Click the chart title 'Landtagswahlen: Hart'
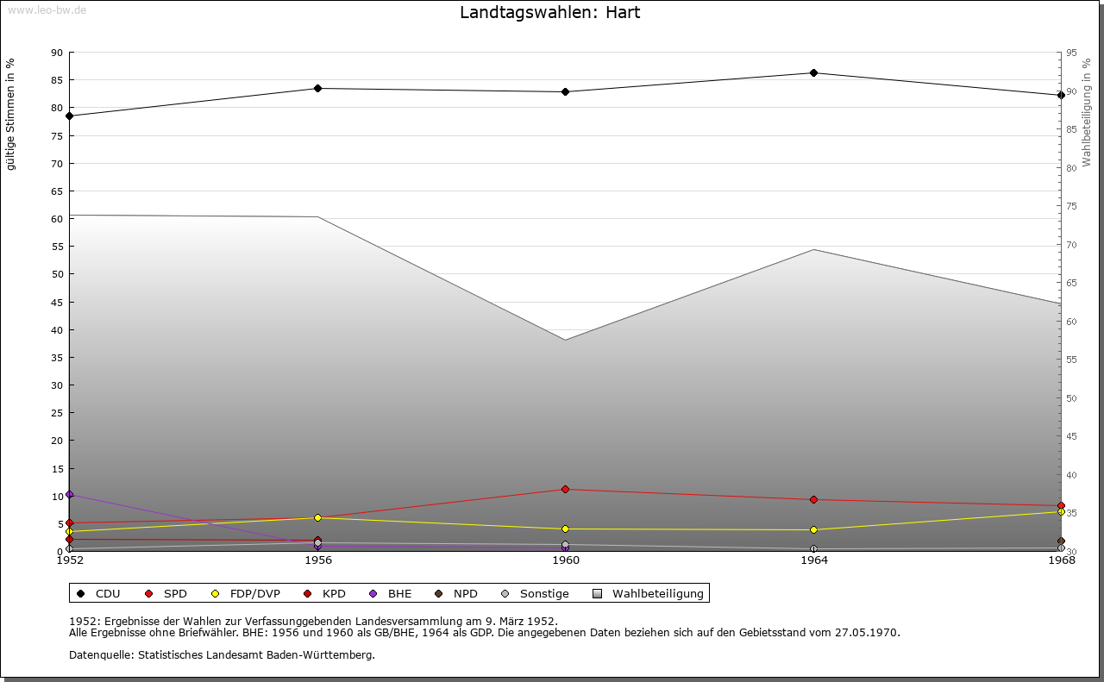click(x=549, y=13)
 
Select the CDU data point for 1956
click(x=318, y=88)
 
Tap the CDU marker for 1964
click(x=813, y=72)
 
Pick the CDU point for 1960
click(x=566, y=91)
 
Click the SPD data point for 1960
click(x=566, y=489)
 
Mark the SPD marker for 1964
click(x=813, y=499)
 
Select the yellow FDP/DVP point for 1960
click(x=566, y=529)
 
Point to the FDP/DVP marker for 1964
click(x=813, y=529)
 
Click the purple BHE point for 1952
click(x=70, y=494)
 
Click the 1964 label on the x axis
click(x=813, y=560)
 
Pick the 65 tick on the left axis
click(x=57, y=191)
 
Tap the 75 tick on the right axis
click(x=1071, y=206)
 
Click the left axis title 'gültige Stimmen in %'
click(x=11, y=114)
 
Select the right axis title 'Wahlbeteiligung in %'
click(x=1087, y=112)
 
